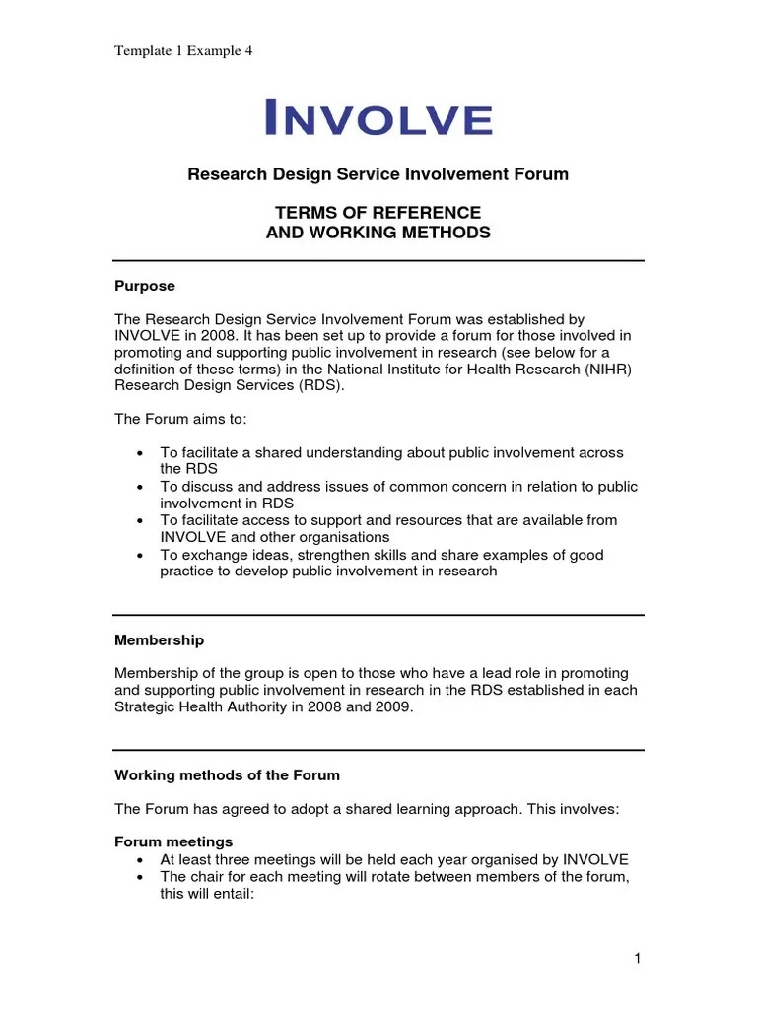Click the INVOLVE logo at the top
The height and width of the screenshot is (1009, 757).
point(378,117)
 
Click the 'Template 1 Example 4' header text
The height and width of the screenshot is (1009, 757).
point(184,51)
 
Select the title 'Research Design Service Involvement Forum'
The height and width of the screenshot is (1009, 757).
point(378,174)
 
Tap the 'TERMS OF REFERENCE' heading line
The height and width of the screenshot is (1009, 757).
point(378,213)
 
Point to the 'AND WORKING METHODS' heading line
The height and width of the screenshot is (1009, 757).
point(378,233)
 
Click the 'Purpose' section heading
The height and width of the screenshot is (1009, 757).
point(145,286)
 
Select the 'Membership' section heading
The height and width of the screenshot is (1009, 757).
point(160,640)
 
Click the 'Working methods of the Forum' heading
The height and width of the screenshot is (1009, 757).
point(228,775)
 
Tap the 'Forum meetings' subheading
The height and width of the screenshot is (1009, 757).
point(174,841)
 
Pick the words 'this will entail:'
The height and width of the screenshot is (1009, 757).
point(209,895)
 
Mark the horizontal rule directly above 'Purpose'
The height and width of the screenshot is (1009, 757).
point(378,261)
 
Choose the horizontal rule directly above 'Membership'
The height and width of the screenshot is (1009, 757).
point(378,615)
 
